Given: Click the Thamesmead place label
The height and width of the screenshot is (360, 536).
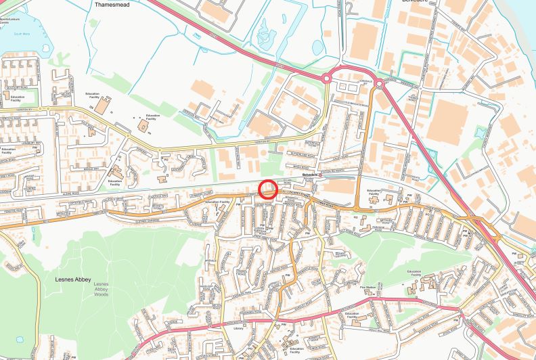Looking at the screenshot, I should click(112, 3).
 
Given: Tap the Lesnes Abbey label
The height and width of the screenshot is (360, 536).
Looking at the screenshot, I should click(74, 276).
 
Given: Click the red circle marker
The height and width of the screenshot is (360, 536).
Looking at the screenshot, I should click(269, 189).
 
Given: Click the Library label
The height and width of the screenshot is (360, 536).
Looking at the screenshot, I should click(238, 328).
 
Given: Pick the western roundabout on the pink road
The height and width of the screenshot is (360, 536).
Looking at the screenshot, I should click(326, 78).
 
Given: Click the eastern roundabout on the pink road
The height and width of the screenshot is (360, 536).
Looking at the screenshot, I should click(379, 84).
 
